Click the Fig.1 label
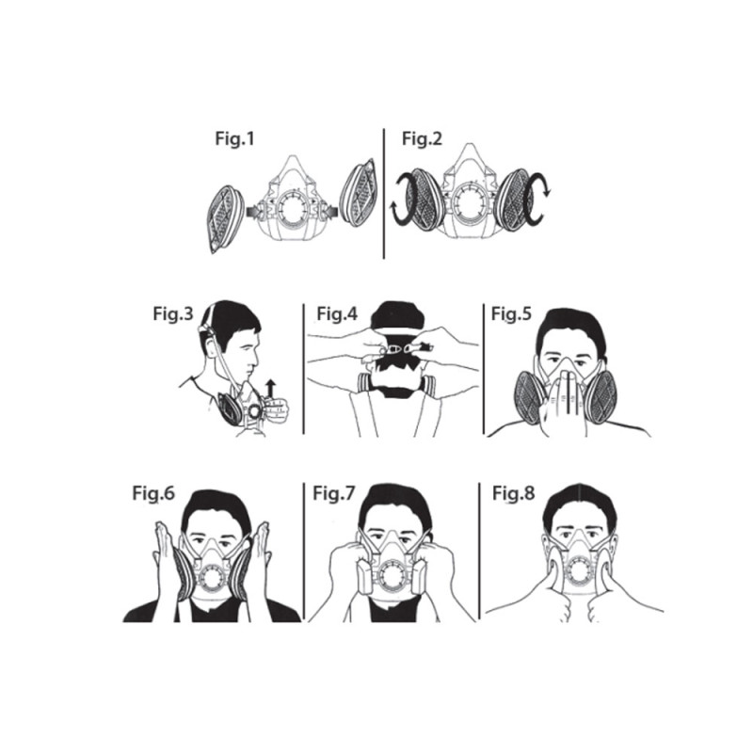pos(234,138)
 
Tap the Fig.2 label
pos(422,138)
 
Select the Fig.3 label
pos(173,313)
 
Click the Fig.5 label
pos(511,313)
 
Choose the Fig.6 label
pos(153,493)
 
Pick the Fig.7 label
pos(334,493)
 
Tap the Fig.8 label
pos(513,493)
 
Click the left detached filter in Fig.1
pos(226,218)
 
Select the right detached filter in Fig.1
pos(358,193)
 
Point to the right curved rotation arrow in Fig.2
pos(537,200)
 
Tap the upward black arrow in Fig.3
pos(271,389)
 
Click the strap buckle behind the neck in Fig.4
pos(395,348)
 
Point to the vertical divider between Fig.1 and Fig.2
pos(384,194)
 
